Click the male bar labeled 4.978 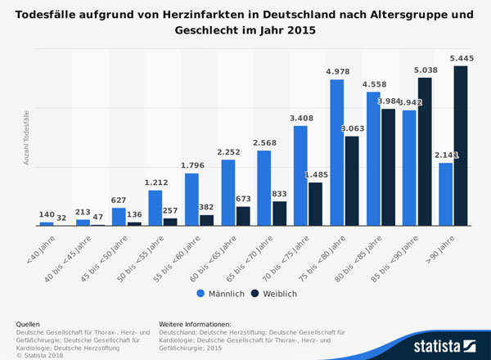pos(336,152)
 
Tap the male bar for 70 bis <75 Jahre pos(300,175)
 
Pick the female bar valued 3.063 pos(351,181)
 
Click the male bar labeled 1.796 pos(191,199)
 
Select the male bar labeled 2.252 pos(228,192)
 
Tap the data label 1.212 pos(155,182)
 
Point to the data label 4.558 pos(373,84)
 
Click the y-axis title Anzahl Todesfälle pos(26,137)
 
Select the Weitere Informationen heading pos(195,325)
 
